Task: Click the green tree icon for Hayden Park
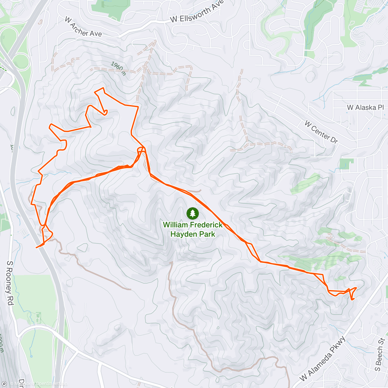coord(193,213)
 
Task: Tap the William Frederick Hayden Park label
coord(193,229)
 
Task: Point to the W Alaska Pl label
coord(365,107)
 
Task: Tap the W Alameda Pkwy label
coord(323,359)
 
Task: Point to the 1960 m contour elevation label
coord(118,68)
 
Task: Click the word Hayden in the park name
coord(182,234)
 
